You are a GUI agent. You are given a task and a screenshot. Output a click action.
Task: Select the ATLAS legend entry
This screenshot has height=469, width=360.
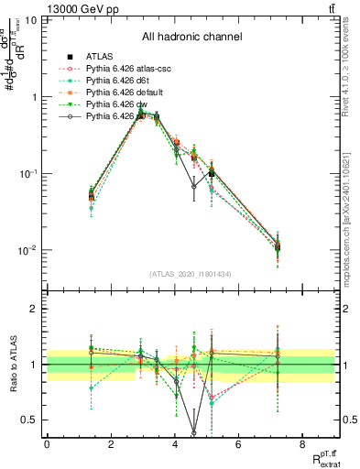(102, 56)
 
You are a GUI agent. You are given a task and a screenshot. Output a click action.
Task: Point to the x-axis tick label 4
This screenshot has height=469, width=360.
(174, 444)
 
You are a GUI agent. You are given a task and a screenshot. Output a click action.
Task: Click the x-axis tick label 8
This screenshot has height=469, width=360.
(302, 444)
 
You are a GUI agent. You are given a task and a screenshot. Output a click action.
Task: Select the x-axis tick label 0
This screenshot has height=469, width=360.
(47, 444)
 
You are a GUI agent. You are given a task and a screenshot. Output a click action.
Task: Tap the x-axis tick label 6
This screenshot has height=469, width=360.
(238, 444)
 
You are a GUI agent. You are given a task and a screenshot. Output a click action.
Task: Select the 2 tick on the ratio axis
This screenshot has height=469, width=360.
(36, 309)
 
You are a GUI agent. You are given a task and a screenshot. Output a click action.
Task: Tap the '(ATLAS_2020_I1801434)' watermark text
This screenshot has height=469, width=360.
(191, 273)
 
